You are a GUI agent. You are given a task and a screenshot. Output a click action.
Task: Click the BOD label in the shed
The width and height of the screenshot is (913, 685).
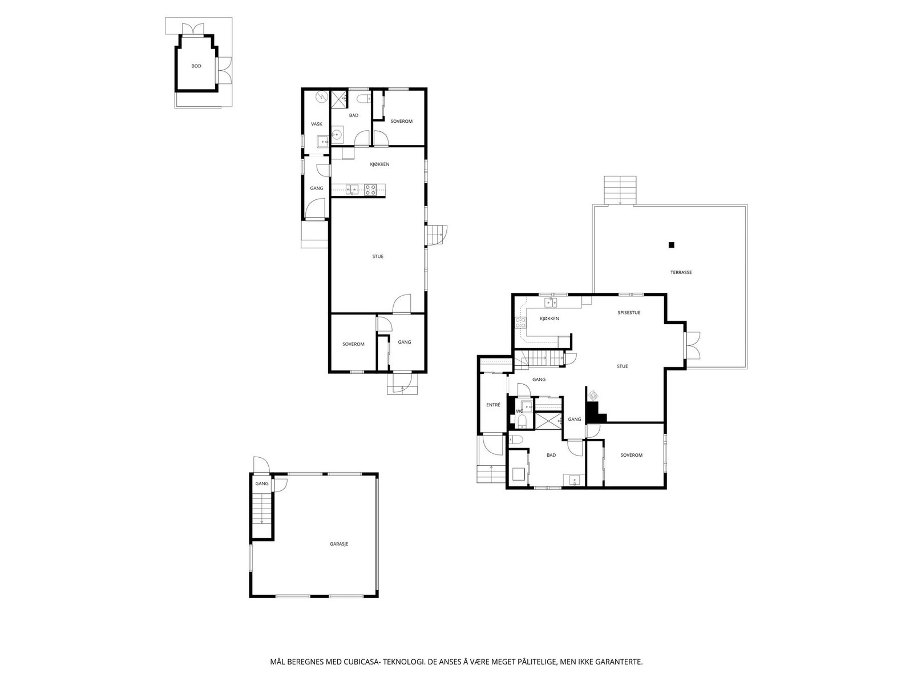[196, 66]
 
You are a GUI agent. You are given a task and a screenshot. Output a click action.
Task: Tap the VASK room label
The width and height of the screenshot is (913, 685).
[316, 124]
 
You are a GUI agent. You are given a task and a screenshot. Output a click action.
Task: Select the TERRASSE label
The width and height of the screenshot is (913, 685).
[681, 272]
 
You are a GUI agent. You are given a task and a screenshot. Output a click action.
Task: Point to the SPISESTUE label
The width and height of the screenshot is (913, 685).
[629, 313]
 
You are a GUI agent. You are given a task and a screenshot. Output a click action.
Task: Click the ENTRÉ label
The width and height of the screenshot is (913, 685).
[493, 405]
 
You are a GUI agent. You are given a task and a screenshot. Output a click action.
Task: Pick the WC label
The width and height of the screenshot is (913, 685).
[519, 411]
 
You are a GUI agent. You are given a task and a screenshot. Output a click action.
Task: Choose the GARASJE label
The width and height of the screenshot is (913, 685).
[339, 544]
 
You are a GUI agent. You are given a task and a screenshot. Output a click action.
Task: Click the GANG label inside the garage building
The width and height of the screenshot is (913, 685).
[262, 483]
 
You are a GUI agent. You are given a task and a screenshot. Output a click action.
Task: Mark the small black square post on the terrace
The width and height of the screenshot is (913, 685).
[672, 245]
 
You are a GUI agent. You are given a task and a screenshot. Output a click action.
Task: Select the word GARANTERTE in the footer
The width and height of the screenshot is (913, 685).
[619, 662]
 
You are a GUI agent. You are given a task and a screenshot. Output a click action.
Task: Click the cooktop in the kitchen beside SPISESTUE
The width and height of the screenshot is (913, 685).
[520, 323]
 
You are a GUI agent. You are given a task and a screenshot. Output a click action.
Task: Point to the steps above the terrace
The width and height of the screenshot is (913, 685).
[620, 190]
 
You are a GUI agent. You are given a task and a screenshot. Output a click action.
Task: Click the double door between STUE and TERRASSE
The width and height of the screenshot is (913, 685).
[692, 345]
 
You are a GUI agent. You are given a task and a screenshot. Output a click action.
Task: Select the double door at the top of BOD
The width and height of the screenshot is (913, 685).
[189, 29]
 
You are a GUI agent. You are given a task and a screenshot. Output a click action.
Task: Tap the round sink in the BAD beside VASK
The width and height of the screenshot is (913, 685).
[337, 135]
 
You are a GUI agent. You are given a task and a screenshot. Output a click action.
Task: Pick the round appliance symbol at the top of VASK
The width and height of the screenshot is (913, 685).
[322, 97]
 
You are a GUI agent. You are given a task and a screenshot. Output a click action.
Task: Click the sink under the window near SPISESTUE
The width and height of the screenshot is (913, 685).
[551, 302]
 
